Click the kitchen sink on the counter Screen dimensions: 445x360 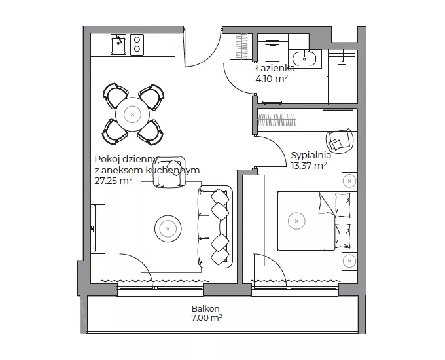[118, 45]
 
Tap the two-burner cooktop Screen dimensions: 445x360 [137, 45]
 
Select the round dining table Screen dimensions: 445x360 [133, 115]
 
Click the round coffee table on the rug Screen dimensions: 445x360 [168, 228]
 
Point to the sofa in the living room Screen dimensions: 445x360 [215, 226]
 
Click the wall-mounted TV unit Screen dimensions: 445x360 [98, 229]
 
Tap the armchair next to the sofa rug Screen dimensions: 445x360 [169, 172]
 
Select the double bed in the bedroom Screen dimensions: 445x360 [317, 221]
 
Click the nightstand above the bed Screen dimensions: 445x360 [349, 181]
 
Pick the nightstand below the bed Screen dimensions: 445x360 [349, 261]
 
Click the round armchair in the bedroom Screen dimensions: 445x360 [340, 141]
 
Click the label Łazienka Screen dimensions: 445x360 [275, 69]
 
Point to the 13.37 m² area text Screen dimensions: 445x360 [309, 165]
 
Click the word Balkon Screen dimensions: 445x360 [205, 308]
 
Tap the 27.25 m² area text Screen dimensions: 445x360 [113, 181]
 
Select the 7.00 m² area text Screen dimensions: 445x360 [207, 317]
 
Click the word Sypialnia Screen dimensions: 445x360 [311, 156]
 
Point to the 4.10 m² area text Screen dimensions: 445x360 [272, 79]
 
